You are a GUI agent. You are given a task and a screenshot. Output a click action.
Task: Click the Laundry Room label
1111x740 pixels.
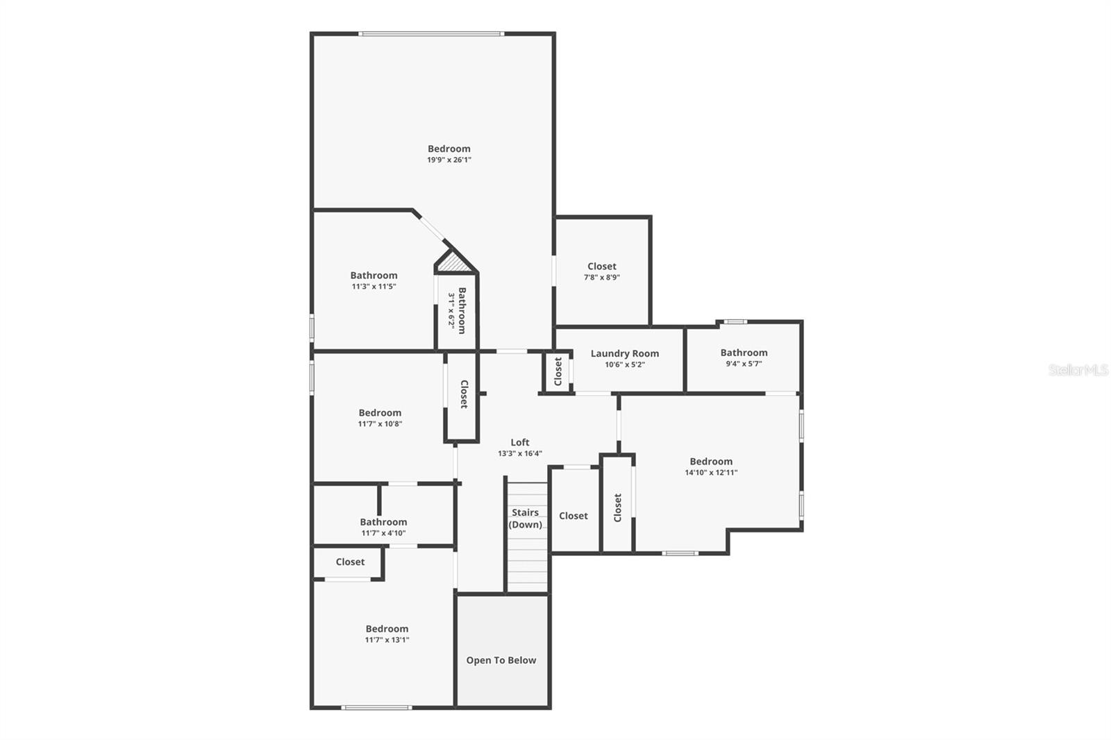pyautogui.click(x=624, y=353)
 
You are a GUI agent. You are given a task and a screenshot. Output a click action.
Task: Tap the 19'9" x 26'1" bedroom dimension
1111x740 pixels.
pyautogui.click(x=449, y=160)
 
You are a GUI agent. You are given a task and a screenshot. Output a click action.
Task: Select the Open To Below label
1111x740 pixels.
pyautogui.click(x=501, y=660)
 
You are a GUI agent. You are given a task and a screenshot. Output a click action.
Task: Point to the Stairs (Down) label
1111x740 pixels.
pyautogui.click(x=526, y=519)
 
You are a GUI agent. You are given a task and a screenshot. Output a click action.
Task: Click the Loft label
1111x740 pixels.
pyautogui.click(x=519, y=442)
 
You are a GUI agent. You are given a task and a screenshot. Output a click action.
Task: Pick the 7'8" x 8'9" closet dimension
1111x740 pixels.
pyautogui.click(x=601, y=277)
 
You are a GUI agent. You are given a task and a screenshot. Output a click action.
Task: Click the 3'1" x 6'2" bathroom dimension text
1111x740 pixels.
pyautogui.click(x=451, y=310)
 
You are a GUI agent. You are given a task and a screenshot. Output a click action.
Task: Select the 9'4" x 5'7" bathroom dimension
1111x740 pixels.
pyautogui.click(x=744, y=363)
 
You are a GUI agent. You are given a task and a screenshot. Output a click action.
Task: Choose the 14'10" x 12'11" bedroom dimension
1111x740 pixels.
pyautogui.click(x=711, y=472)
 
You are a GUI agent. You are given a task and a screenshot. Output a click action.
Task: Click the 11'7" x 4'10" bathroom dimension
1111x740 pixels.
pyautogui.click(x=383, y=533)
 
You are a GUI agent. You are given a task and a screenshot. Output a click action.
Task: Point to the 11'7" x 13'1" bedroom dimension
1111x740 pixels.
pyautogui.click(x=387, y=640)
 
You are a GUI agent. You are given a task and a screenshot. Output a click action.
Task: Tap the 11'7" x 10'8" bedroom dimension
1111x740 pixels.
pyautogui.click(x=380, y=423)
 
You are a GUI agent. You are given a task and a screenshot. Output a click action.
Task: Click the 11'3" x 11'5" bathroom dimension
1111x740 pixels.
pyautogui.click(x=374, y=286)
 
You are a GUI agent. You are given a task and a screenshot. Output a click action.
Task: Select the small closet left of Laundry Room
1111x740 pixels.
pyautogui.click(x=558, y=372)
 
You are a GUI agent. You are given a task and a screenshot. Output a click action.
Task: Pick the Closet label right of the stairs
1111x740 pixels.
pyautogui.click(x=574, y=516)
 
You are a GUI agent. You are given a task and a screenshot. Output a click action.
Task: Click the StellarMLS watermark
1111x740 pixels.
pyautogui.click(x=1078, y=370)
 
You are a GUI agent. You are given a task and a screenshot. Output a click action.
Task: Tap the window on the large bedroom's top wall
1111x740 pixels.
pyautogui.click(x=431, y=33)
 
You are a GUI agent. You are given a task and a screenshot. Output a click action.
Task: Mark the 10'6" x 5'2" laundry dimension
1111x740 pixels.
pyautogui.click(x=624, y=364)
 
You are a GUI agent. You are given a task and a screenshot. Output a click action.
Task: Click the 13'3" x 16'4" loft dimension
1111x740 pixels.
pyautogui.click(x=519, y=453)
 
